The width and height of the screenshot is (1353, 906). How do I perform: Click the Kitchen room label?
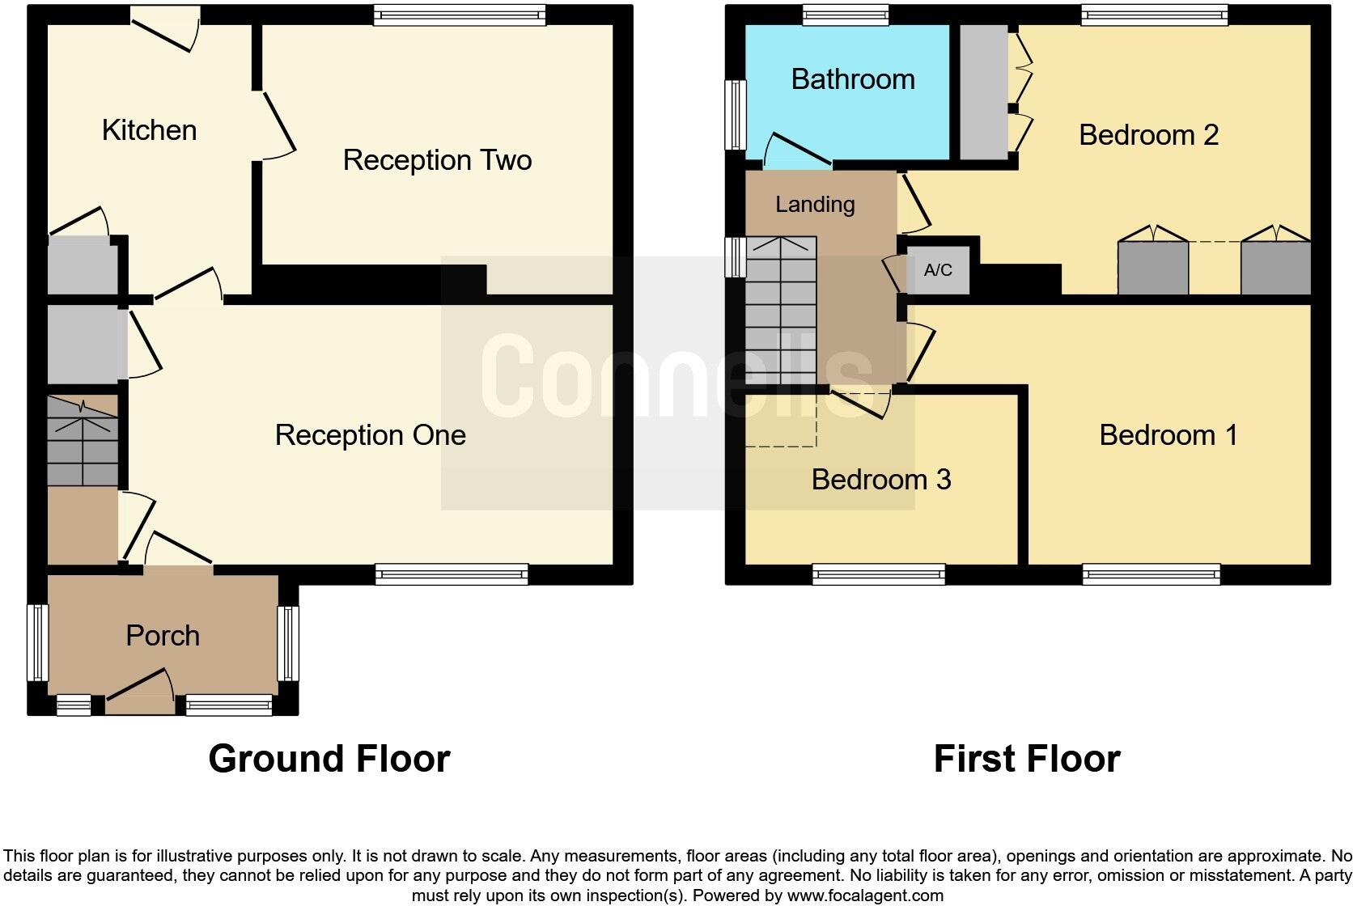[x=149, y=130]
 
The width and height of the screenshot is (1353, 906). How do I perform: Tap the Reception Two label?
[x=437, y=160]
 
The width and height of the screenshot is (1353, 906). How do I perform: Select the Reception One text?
[x=370, y=435]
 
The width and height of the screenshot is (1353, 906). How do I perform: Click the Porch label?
[x=163, y=636]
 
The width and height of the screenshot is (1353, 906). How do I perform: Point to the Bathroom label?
[x=853, y=79]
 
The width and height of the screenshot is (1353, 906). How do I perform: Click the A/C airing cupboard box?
[x=938, y=270]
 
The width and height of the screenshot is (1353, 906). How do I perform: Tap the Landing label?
[x=815, y=205]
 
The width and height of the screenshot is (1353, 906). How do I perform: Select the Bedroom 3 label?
[x=881, y=480]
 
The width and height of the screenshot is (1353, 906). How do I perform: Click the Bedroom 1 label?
[x=1168, y=435]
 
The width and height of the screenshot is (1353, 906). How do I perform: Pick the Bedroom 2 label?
[x=1148, y=135]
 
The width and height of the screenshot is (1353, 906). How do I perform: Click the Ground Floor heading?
[x=329, y=759]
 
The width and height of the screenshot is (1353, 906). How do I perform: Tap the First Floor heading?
[x=1027, y=759]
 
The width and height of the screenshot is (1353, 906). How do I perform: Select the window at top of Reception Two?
[x=460, y=14]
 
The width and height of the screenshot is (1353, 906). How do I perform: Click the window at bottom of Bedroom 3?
[x=879, y=575]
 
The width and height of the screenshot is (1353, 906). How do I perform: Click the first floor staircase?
[x=780, y=311]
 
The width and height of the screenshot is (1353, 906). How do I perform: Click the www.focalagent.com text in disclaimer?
[x=865, y=895]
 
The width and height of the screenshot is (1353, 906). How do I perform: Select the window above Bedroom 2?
[x=1155, y=14]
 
